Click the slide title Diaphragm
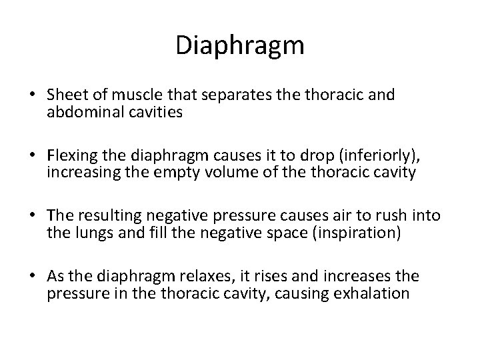point(240,45)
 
